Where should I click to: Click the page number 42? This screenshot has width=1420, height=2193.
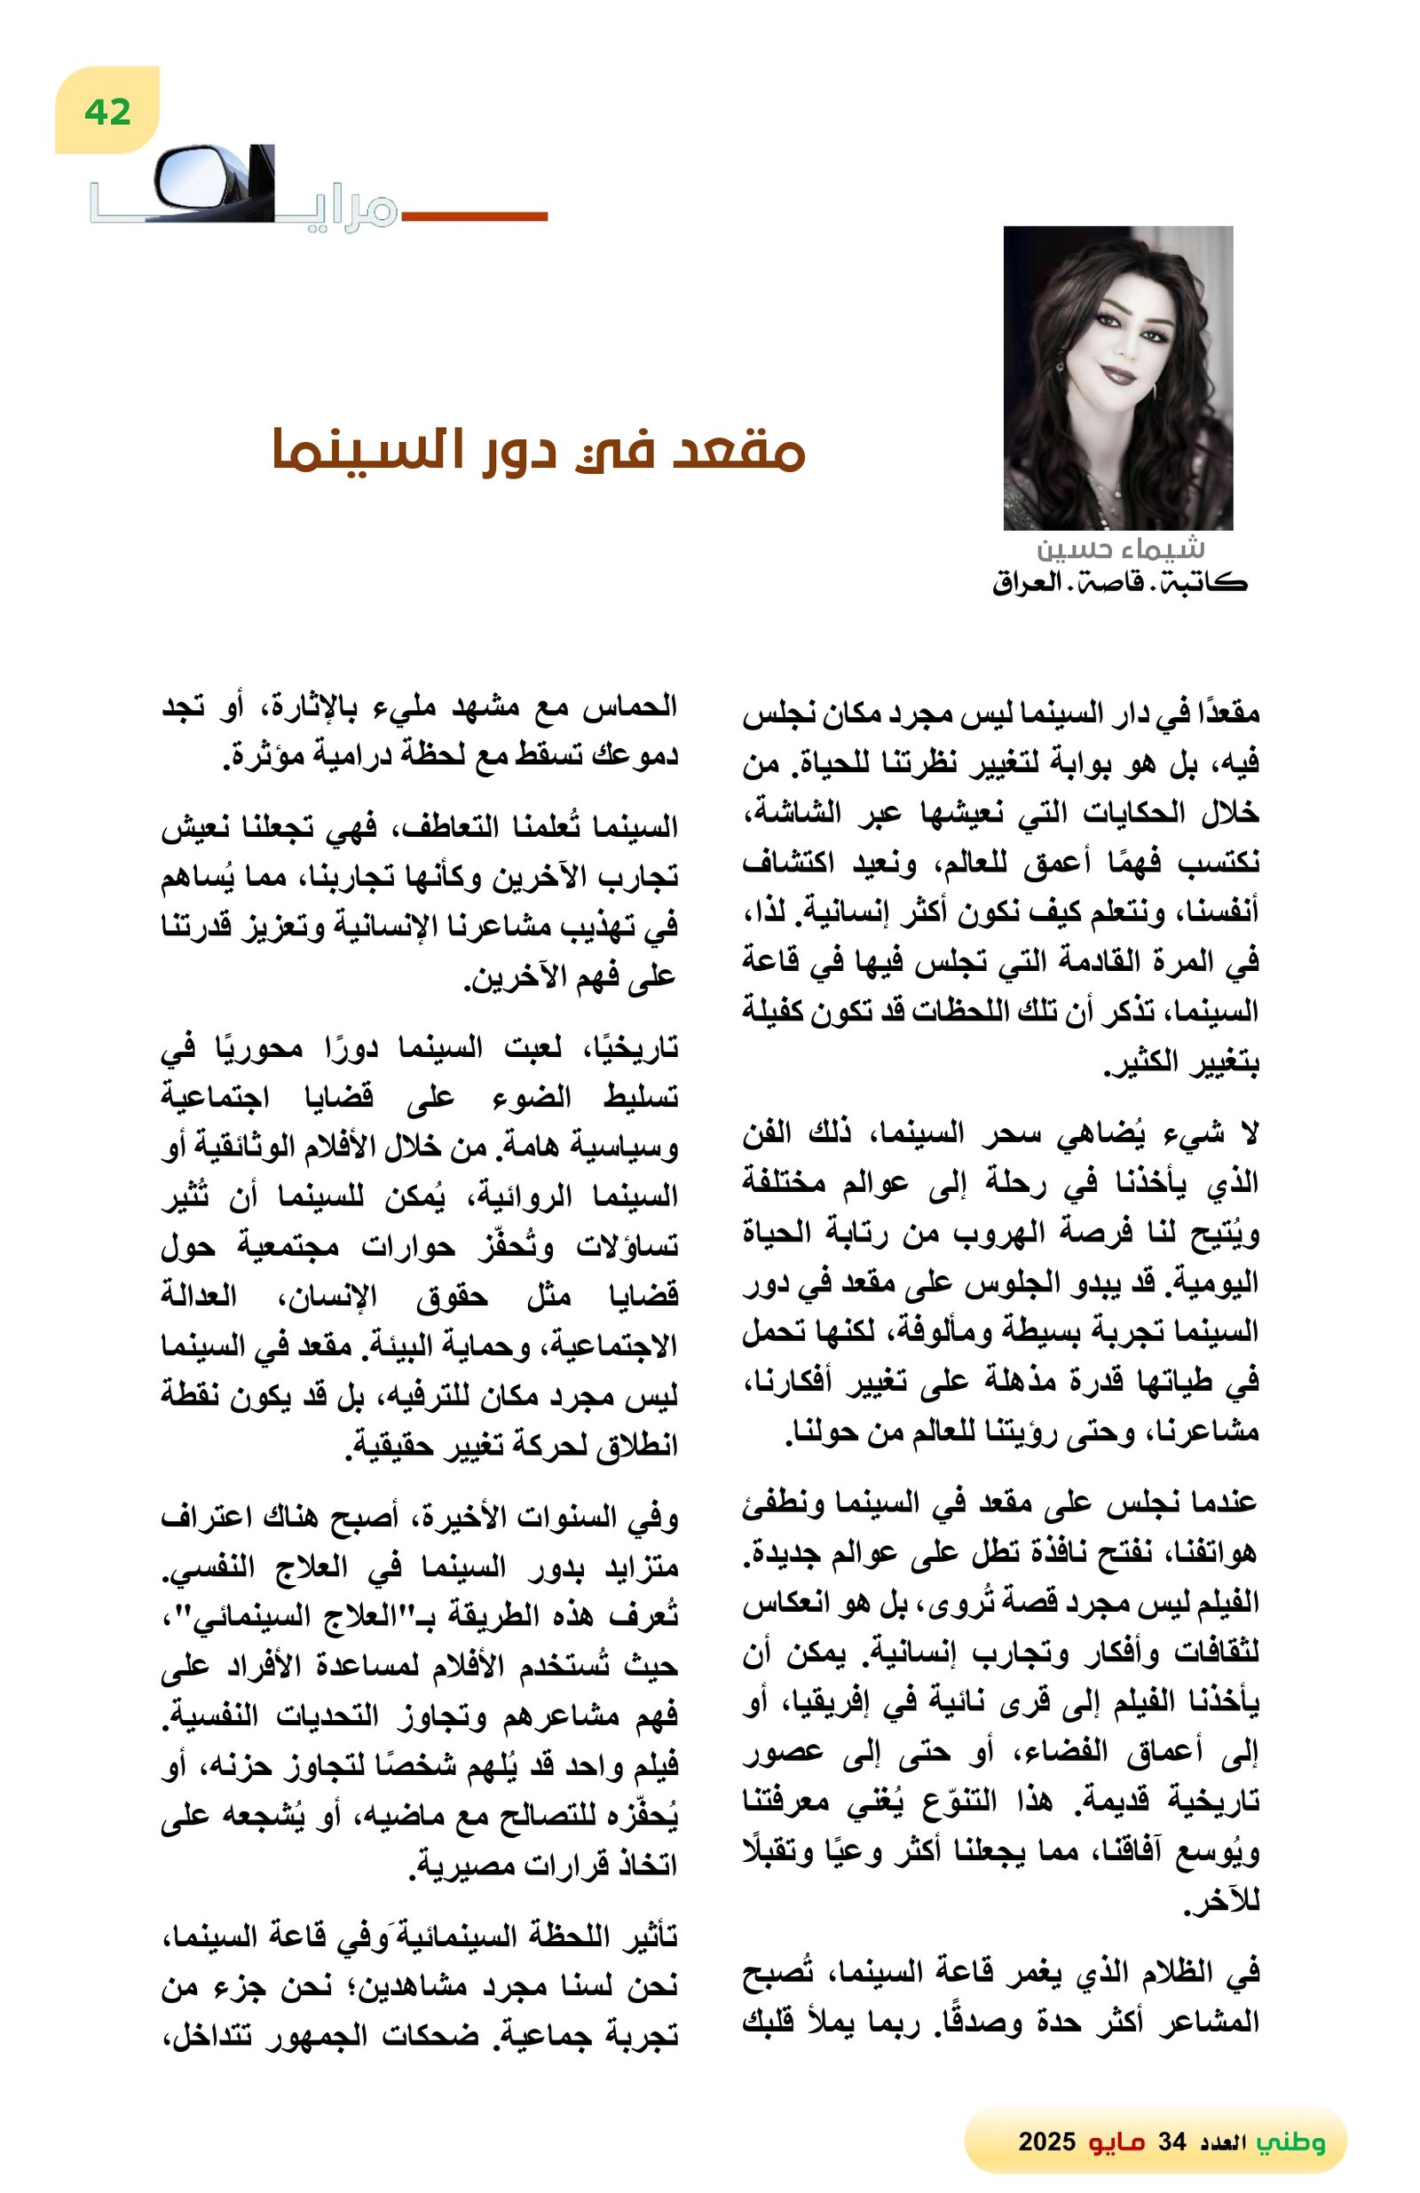(106, 112)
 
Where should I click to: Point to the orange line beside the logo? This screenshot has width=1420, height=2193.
(474, 217)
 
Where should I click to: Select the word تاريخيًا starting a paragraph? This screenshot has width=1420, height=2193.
(631, 1047)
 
